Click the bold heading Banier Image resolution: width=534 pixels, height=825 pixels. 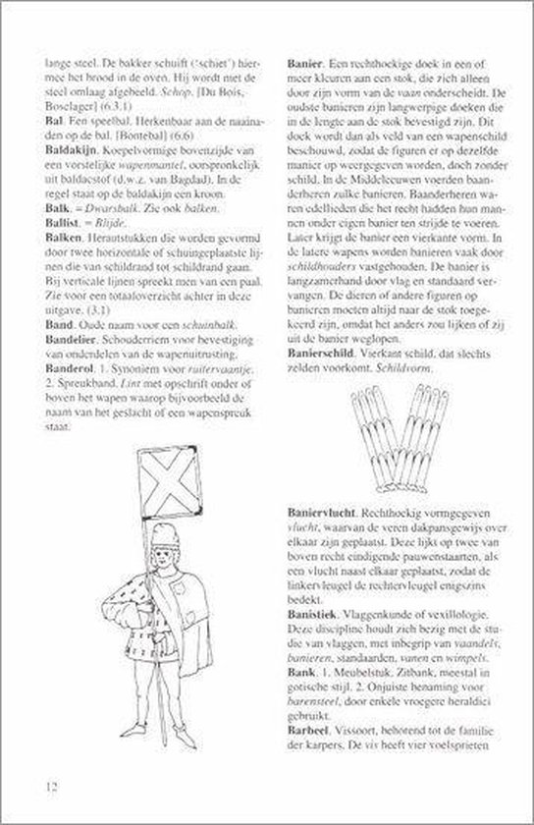303,60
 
